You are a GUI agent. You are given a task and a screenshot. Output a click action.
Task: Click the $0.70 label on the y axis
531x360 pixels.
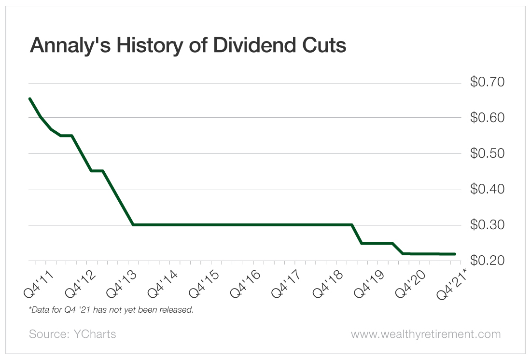(x=487, y=82)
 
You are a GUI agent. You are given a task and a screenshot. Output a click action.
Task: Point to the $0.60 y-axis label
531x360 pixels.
(x=487, y=118)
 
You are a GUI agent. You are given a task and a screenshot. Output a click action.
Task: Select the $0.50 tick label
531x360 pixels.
(x=487, y=153)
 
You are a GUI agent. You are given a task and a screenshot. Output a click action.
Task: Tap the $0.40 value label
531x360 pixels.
(x=487, y=189)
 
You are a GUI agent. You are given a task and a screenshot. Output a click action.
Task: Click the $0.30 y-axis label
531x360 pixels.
(x=487, y=225)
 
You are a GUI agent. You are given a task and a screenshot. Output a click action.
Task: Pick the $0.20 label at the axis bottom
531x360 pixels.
(x=487, y=261)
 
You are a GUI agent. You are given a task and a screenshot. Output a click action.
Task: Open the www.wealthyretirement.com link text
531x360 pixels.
(x=425, y=334)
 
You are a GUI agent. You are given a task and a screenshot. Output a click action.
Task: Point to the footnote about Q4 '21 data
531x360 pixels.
(x=111, y=309)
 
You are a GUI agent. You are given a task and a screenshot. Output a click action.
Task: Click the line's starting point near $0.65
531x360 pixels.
(x=30, y=98)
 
